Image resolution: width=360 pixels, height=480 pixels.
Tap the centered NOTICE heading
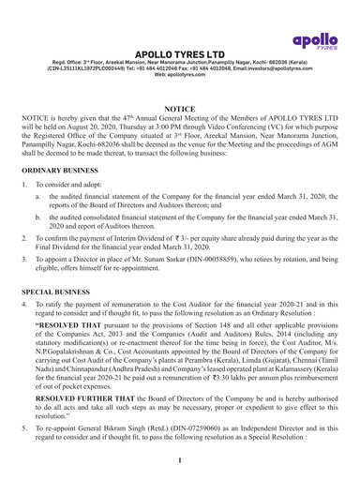179,109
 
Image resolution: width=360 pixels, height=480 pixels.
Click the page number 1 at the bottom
180,462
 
